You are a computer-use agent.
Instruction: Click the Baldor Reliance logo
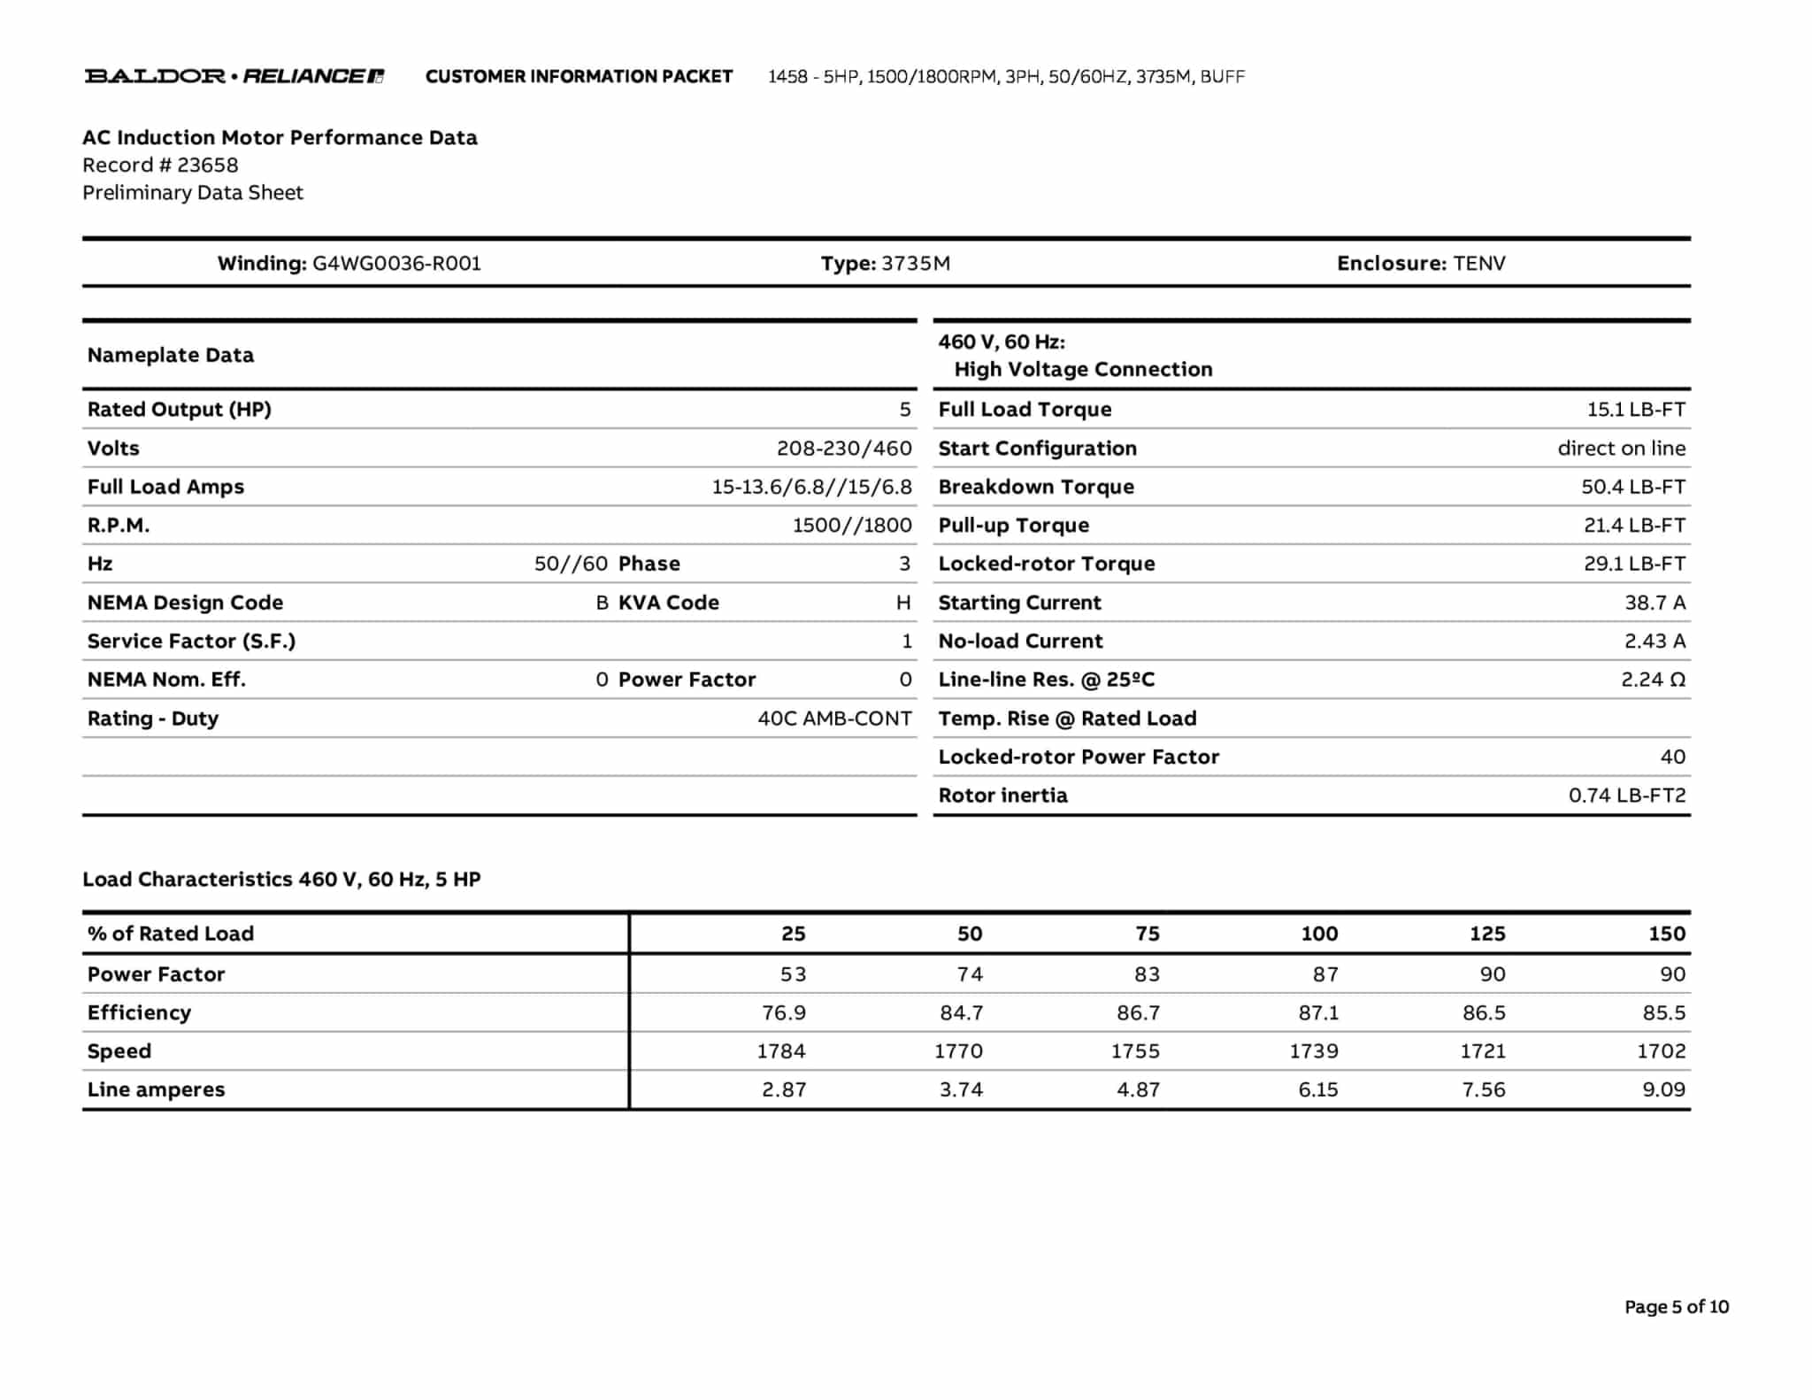click(234, 76)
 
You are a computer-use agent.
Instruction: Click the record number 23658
click(207, 165)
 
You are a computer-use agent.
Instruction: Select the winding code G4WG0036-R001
click(396, 264)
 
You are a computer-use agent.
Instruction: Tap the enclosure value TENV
click(1478, 264)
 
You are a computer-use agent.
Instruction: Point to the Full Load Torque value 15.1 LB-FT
click(1635, 410)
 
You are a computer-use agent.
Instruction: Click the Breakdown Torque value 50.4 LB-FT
click(1632, 487)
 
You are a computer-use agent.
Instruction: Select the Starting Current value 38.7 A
click(1655, 603)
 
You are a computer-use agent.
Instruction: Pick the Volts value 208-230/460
click(843, 449)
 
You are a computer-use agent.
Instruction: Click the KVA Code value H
click(902, 603)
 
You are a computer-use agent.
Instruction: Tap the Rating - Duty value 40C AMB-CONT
click(833, 719)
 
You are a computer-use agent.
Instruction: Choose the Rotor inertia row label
click(1002, 796)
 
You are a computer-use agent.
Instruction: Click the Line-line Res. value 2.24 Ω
click(1653, 680)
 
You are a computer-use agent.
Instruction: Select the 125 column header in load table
click(1486, 934)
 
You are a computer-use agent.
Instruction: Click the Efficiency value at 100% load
click(1317, 1012)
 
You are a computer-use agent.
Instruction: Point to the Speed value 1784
click(780, 1051)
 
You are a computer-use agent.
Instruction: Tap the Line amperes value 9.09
click(1663, 1089)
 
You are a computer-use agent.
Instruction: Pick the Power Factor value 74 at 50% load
click(969, 974)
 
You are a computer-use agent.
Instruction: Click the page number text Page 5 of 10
click(1676, 1307)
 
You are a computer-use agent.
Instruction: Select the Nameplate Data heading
click(170, 356)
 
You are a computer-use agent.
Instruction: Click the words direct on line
click(1621, 449)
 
